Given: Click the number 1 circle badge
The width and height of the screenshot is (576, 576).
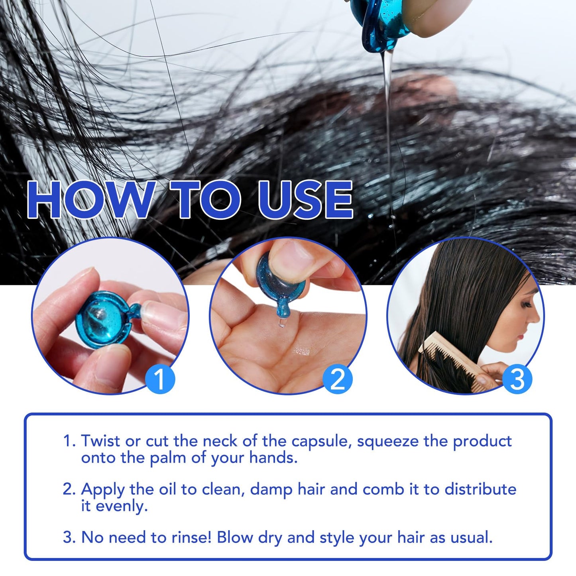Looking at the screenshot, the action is pos(160,379).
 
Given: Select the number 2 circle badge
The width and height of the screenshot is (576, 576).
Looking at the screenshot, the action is pos(338,379).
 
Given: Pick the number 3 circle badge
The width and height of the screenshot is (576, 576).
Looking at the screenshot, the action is pos(517,379).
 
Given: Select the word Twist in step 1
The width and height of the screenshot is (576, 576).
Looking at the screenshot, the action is pos(101,440).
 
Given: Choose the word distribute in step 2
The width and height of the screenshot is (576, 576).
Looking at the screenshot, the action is pos(480,490).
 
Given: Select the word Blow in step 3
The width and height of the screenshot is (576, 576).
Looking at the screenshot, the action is pos(235,537).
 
